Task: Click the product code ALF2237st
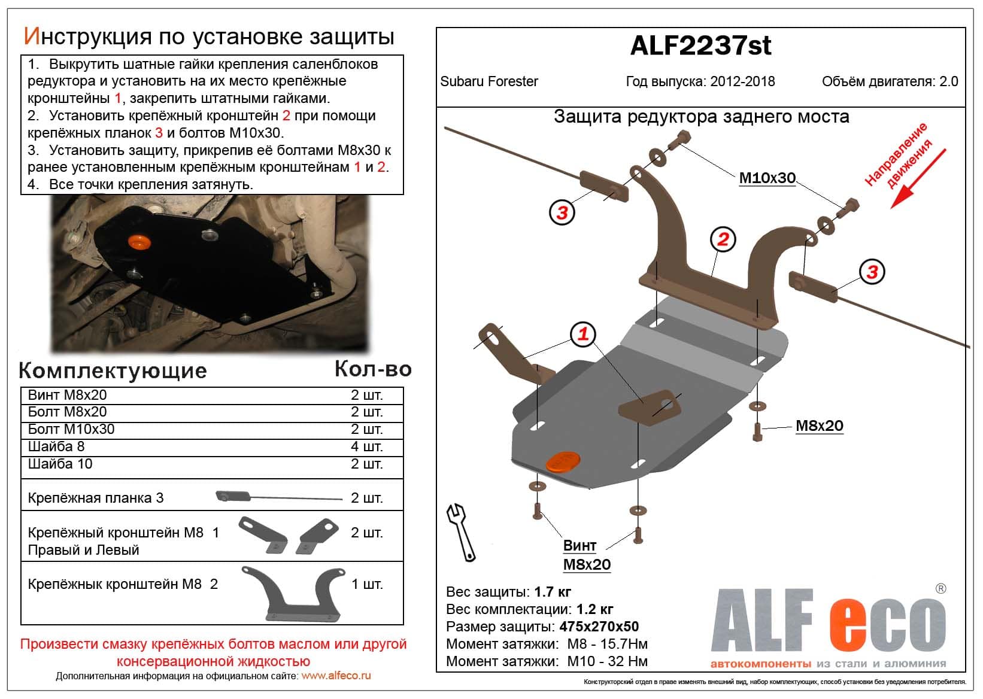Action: pyautogui.click(x=700, y=46)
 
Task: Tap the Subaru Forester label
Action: pyautogui.click(x=489, y=81)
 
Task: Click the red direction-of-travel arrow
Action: pyautogui.click(x=917, y=179)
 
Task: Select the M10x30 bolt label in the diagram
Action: pyautogui.click(x=767, y=178)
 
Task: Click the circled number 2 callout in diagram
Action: pyautogui.click(x=723, y=239)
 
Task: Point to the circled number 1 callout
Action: pyautogui.click(x=583, y=334)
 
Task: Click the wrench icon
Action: pyautogui.click(x=460, y=531)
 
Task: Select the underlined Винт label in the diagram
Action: pyautogui.click(x=580, y=546)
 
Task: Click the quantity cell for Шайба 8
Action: pyautogui.click(x=366, y=446)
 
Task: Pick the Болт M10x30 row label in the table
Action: pyautogui.click(x=71, y=429)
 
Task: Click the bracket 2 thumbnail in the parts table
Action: pyautogui.click(x=293, y=594)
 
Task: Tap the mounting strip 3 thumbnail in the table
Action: pyautogui.click(x=277, y=496)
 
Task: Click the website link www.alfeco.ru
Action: pyautogui.click(x=336, y=676)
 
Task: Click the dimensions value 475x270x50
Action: pyautogui.click(x=599, y=627)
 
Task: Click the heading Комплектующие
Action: pyautogui.click(x=113, y=371)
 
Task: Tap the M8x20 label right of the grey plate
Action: pyautogui.click(x=819, y=426)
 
